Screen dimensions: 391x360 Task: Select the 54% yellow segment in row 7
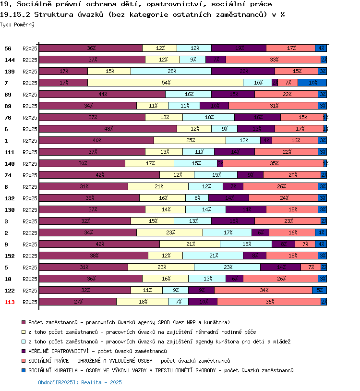165,83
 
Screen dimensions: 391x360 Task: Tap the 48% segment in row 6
108,129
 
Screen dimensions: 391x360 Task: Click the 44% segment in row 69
102,94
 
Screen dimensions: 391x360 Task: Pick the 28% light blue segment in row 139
171,71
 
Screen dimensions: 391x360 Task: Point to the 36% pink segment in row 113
269,302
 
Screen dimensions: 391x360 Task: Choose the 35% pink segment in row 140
273,163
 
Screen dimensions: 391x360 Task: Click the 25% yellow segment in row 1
190,140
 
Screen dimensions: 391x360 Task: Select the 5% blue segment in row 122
319,290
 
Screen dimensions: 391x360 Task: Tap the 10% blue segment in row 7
312,83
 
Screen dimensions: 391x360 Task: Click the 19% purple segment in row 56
239,48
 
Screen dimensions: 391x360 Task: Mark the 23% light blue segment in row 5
227,267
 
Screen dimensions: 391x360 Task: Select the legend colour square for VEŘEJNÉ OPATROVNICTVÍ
24,351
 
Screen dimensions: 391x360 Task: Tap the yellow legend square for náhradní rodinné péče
24,332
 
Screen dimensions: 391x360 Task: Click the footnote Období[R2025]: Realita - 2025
80,382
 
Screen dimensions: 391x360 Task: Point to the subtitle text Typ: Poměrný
17,24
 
